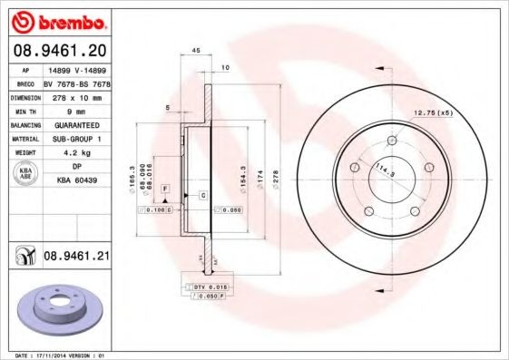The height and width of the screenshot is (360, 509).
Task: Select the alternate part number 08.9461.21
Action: [77, 258]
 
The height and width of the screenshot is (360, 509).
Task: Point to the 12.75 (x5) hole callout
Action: [433, 112]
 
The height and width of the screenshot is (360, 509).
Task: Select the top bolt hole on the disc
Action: [392, 141]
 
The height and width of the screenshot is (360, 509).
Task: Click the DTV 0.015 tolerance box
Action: [208, 287]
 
